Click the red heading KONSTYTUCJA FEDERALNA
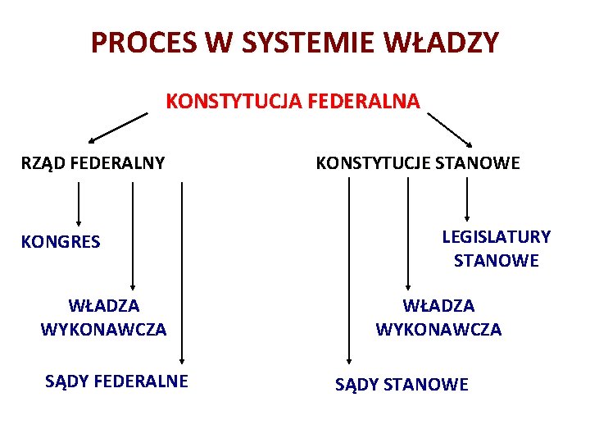(293, 102)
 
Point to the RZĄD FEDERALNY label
(93, 163)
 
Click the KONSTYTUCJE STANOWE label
(417, 163)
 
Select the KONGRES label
(61, 242)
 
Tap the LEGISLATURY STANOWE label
(496, 249)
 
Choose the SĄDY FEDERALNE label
(116, 381)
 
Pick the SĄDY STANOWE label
(402, 384)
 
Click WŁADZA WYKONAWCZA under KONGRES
(103, 317)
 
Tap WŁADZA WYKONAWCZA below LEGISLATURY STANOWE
(438, 317)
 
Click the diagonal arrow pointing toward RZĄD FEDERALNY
(118, 128)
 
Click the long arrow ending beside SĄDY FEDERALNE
(183, 271)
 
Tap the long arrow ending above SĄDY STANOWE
(350, 271)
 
